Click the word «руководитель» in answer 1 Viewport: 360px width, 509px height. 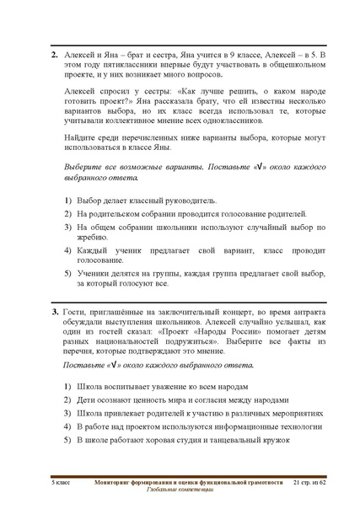[183, 201]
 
